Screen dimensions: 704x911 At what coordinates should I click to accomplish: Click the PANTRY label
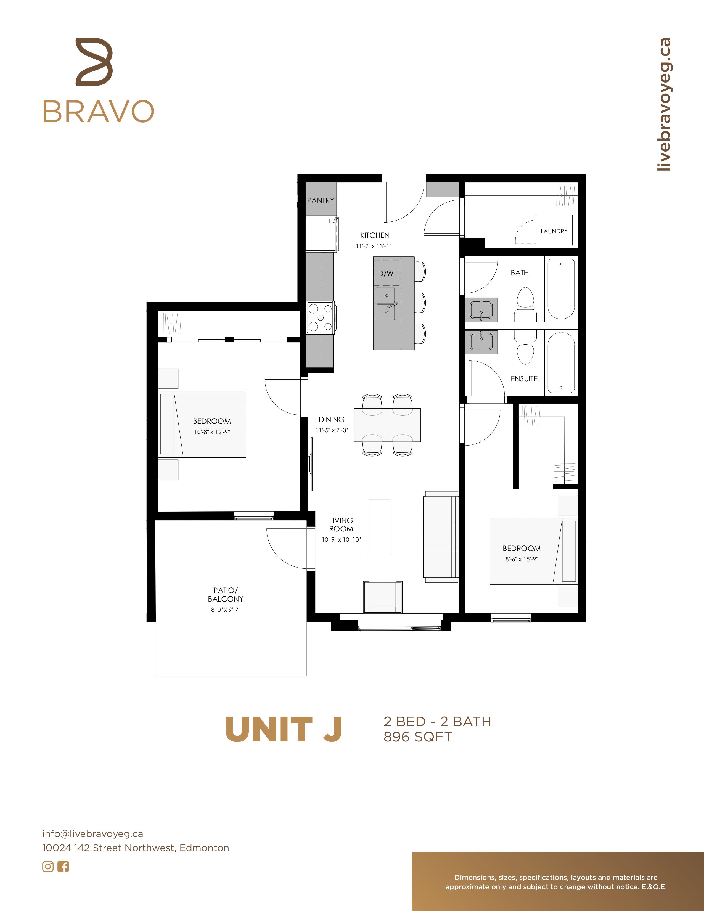320,200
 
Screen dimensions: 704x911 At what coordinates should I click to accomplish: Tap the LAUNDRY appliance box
554,230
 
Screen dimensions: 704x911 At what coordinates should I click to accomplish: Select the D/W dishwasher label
385,274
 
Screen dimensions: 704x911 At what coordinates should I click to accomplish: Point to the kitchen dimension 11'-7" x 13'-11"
375,246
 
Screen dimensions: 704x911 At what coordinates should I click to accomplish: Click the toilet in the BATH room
525,304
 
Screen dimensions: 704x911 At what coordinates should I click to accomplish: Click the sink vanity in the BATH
481,309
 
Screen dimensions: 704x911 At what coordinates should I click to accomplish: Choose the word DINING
332,419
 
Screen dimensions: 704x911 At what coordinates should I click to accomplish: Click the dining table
387,425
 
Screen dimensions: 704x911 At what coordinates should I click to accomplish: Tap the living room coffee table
380,527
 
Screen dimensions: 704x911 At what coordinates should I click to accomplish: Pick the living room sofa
441,537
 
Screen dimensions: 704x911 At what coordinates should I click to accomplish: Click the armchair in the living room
383,597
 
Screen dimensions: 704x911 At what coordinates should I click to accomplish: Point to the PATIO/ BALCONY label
226,594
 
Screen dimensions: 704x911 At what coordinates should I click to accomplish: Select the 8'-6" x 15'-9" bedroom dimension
521,559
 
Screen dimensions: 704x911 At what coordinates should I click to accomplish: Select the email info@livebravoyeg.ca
92,834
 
